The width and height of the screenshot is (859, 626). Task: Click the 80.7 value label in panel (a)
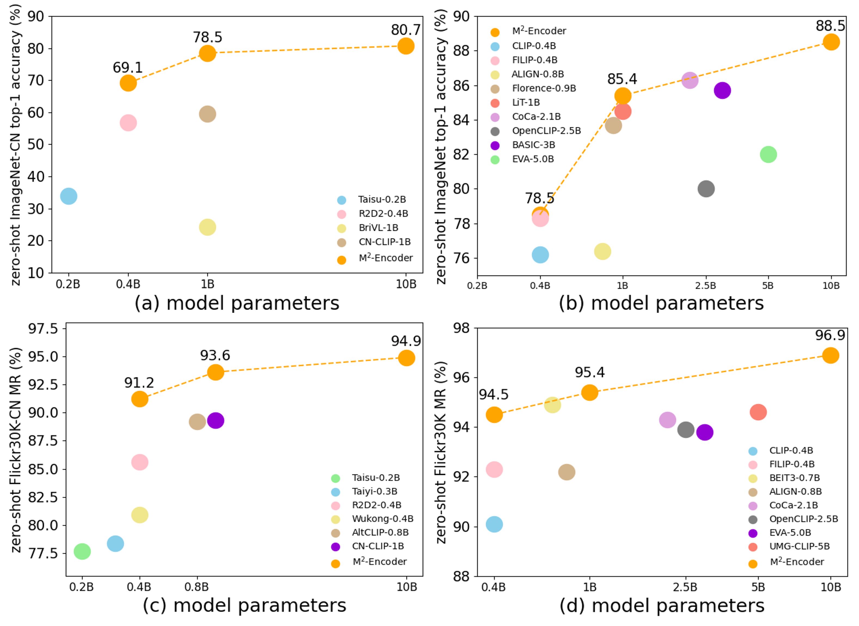tap(406, 30)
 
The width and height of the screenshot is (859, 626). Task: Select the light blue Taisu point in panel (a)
tap(69, 196)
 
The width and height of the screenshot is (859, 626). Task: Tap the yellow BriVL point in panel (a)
tap(207, 227)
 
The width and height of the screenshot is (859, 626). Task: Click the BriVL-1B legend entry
tap(378, 228)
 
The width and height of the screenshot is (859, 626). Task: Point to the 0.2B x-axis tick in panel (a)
tap(68, 284)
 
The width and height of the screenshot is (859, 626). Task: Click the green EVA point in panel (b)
tap(768, 154)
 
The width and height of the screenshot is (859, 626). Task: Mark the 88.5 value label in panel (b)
tap(830, 26)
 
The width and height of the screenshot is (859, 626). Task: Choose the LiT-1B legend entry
tap(526, 102)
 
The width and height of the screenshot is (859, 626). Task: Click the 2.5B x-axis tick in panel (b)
tap(705, 285)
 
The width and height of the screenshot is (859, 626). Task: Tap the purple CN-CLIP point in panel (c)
tap(215, 420)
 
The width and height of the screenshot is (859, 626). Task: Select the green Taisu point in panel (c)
tap(82, 551)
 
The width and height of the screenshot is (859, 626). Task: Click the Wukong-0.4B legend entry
tap(383, 518)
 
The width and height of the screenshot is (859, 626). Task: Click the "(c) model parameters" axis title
tap(244, 605)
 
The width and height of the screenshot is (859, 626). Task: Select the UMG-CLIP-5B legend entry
tap(799, 546)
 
